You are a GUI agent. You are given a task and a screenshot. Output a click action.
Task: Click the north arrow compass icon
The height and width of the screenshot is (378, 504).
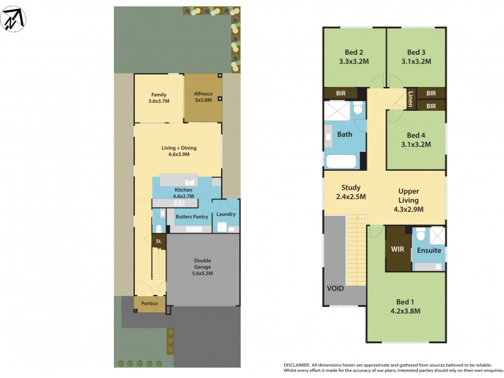tap(14, 20)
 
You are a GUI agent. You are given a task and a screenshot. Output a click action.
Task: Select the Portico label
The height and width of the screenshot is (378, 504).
tap(149, 304)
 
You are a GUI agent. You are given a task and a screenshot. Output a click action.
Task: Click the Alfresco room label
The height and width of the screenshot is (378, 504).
tap(202, 93)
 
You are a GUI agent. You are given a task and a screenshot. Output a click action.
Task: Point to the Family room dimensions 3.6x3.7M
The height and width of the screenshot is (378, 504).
tap(158, 101)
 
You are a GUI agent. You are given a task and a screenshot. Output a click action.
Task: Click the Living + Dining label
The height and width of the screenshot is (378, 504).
tap(179, 148)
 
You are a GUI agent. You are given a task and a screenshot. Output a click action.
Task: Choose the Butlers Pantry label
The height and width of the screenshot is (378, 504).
tap(192, 217)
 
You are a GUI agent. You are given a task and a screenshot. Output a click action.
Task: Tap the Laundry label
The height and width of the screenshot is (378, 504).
tap(226, 214)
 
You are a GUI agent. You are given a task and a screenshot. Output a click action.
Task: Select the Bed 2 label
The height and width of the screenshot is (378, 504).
tap(353, 52)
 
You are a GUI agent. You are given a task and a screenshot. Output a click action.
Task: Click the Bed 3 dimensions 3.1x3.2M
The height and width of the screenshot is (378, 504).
tap(416, 62)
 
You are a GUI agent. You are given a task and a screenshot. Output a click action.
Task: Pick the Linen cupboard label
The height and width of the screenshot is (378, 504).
tap(410, 99)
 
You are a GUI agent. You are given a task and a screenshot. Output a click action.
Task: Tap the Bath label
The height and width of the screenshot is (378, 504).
tap(345, 134)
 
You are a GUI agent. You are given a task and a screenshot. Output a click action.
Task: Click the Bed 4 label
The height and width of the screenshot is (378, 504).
tap(416, 135)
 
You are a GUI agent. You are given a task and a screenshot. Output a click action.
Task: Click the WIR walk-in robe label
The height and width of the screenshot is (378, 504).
tap(397, 249)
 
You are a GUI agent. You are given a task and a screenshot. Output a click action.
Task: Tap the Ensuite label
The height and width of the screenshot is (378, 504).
tap(429, 250)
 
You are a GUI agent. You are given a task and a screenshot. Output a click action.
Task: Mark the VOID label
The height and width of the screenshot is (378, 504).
tap(335, 289)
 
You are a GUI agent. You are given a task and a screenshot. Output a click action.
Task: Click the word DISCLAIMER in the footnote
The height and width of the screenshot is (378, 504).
tap(297, 365)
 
